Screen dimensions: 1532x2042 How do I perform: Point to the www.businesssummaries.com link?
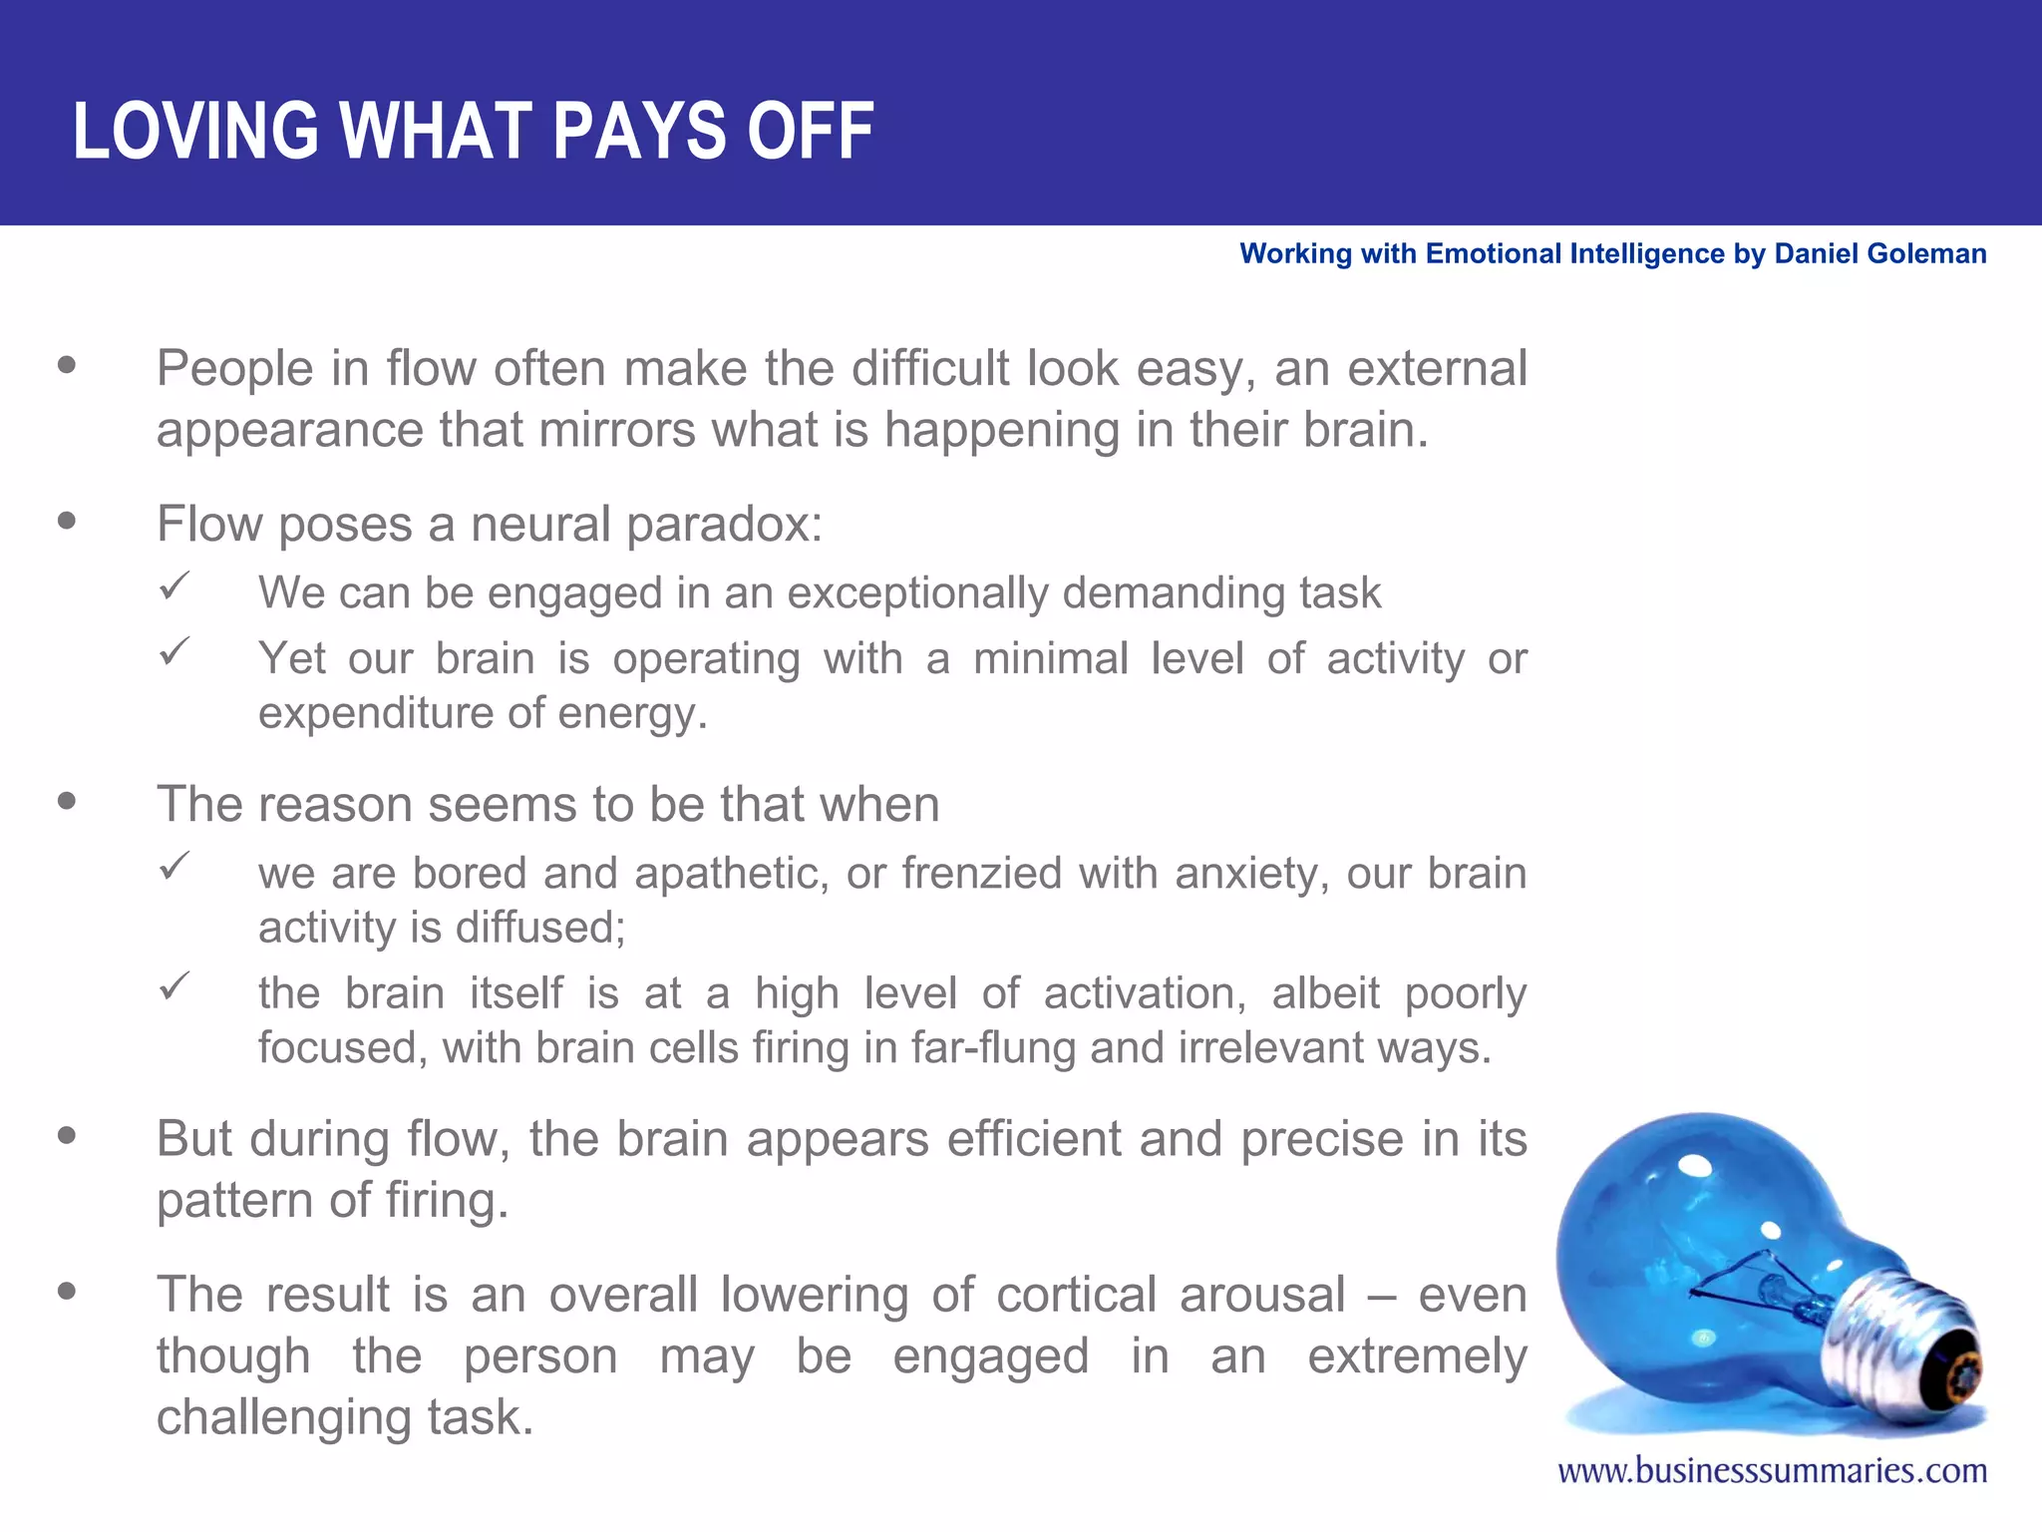pos(1772,1471)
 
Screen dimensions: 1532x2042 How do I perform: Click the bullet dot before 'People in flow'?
pos(67,365)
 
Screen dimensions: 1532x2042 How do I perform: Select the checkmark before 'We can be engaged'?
pos(174,585)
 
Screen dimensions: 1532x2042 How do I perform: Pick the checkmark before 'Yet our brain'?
pos(174,652)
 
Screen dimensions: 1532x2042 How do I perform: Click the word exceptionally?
pos(917,593)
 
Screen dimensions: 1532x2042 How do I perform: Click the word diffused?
pos(539,928)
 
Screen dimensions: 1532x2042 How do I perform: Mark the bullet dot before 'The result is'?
pos(67,1292)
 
